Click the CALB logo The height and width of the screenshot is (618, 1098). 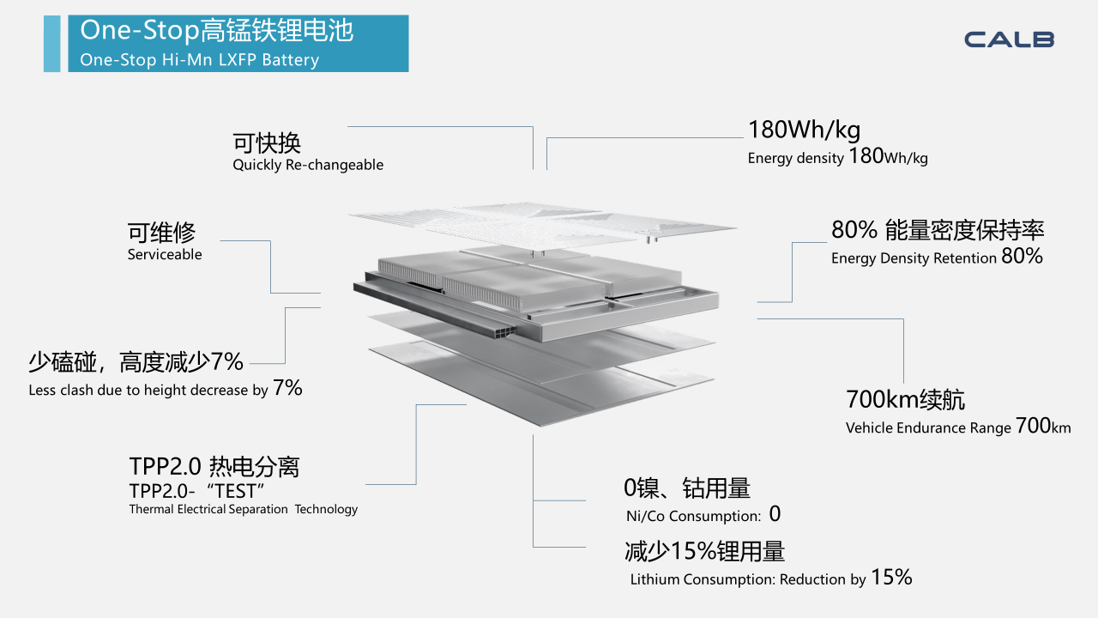(x=1009, y=39)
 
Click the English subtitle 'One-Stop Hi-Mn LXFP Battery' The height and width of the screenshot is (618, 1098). (x=200, y=60)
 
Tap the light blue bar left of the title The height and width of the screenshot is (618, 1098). (x=52, y=44)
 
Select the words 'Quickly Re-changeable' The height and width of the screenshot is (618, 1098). (x=308, y=165)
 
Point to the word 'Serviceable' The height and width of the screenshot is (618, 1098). (x=165, y=254)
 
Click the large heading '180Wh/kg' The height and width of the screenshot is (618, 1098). (x=804, y=130)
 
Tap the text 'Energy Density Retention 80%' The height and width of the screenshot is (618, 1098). (x=937, y=257)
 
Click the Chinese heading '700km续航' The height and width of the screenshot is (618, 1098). (x=905, y=399)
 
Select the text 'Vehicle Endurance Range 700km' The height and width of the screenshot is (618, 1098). (x=958, y=427)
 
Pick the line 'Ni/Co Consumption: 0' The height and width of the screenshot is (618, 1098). (x=703, y=514)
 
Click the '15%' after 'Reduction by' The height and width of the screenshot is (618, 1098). (x=891, y=577)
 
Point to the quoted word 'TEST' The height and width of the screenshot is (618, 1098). (x=236, y=491)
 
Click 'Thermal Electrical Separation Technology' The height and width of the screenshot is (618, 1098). (x=244, y=509)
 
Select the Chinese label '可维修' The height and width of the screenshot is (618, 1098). (x=162, y=232)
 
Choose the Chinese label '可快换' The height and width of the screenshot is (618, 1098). (x=267, y=142)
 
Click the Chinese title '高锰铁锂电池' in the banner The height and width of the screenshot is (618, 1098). (x=277, y=30)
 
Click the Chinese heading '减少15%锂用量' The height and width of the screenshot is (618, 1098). (x=704, y=551)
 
